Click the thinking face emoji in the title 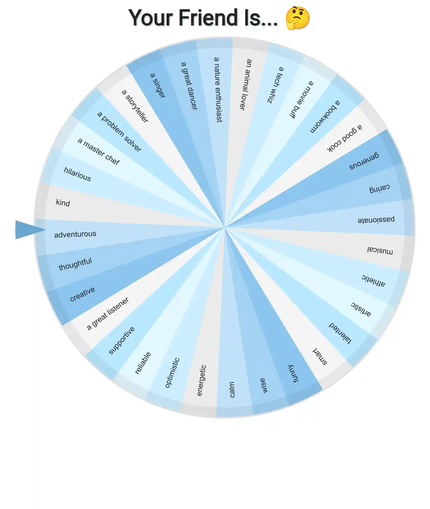pyautogui.click(x=297, y=18)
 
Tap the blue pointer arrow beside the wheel pyautogui.click(x=30, y=230)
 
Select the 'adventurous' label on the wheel pyautogui.click(x=75, y=234)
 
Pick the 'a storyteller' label pyautogui.click(x=135, y=106)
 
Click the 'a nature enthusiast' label pyautogui.click(x=218, y=90)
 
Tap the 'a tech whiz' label pyautogui.click(x=275, y=85)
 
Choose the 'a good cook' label pyautogui.click(x=345, y=138)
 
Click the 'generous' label pyautogui.click(x=364, y=161)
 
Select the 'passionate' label pyautogui.click(x=376, y=220)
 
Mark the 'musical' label pyautogui.click(x=380, y=250)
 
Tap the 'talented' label pyautogui.click(x=340, y=333)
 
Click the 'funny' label pyautogui.click(x=293, y=373)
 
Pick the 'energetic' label pyautogui.click(x=202, y=380)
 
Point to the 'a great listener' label pyautogui.click(x=108, y=313)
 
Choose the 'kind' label pyautogui.click(x=63, y=203)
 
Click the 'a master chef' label pyautogui.click(x=99, y=151)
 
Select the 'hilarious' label pyautogui.click(x=77, y=174)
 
